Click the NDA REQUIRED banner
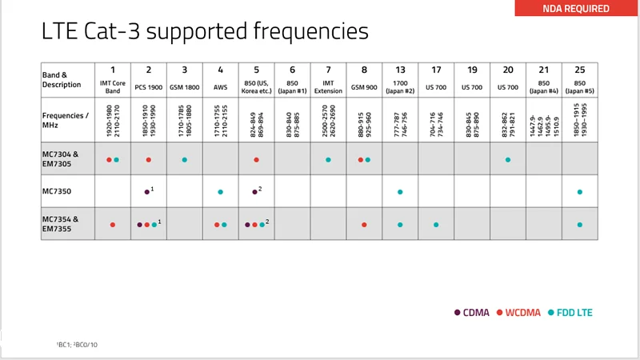pos(576,9)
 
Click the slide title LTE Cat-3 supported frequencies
pos(205,32)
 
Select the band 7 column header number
pos(328,70)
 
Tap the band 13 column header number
pos(400,70)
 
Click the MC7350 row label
pos(58,192)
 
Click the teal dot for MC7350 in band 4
pos(221,192)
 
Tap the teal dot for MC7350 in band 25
pos(580,192)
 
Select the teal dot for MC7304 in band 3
pos(185,160)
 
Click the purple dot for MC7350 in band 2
pos(146,192)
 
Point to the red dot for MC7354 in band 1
pos(113,225)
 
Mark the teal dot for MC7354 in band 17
pos(436,225)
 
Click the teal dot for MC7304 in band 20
pos(508,160)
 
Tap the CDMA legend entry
pos(472,312)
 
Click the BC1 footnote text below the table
pos(77,344)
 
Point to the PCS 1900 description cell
pos(149,85)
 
